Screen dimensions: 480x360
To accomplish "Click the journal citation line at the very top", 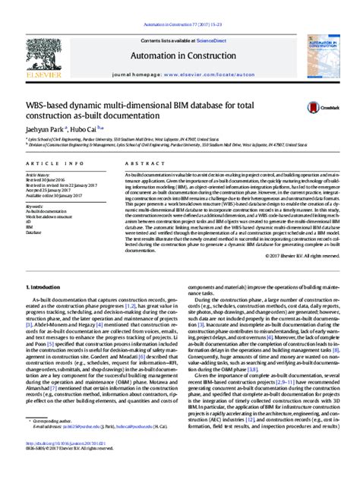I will [180, 6].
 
